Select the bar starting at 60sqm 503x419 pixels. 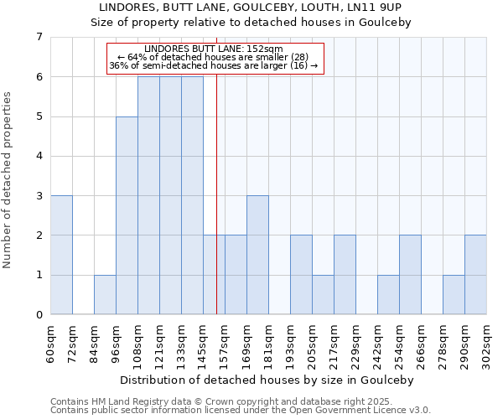point(61,255)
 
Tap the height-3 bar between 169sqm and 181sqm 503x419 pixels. point(257,255)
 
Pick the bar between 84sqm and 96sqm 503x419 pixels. point(105,294)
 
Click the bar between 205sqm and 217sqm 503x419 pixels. point(323,294)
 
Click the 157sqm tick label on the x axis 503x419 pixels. point(225,343)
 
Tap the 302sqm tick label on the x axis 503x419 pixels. point(486,343)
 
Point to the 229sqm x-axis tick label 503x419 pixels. point(355,343)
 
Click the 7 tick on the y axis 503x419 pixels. point(39,37)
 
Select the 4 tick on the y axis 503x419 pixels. point(39,156)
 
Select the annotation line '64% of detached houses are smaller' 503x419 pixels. point(214,58)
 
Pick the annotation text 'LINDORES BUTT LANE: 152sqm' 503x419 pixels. point(214,49)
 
